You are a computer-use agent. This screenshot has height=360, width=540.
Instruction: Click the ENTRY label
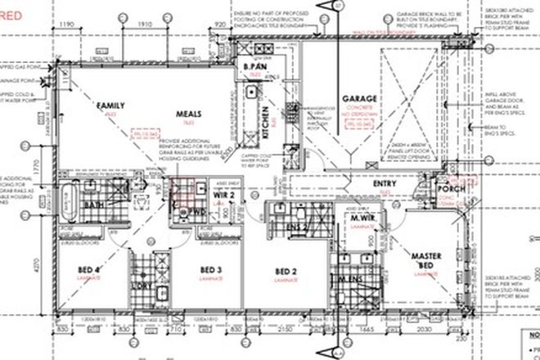click(x=384, y=185)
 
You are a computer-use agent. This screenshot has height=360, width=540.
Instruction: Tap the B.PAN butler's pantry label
click(x=251, y=66)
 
